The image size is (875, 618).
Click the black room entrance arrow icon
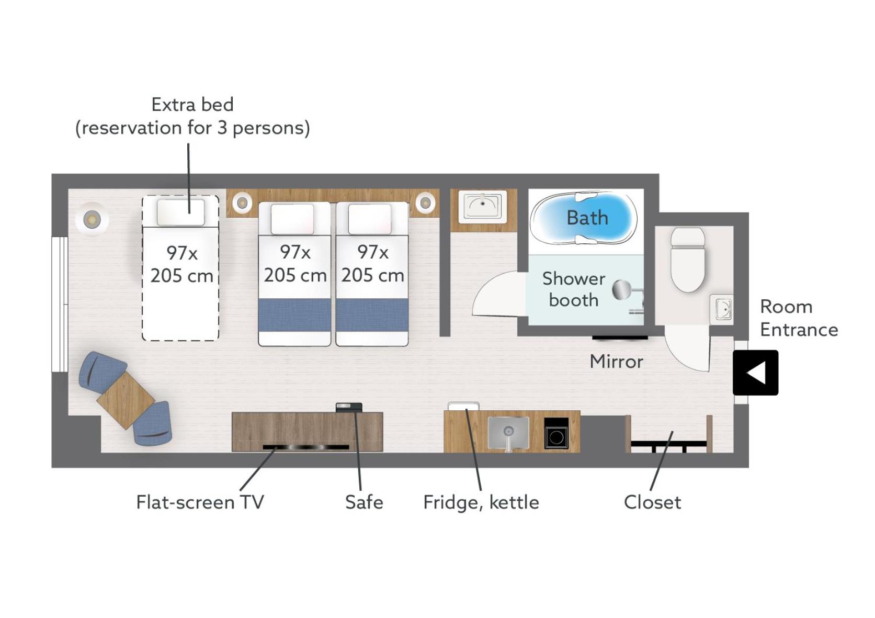[755, 373]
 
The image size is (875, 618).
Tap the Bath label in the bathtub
[587, 218]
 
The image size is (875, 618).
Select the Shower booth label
[574, 289]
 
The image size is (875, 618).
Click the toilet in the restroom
[688, 260]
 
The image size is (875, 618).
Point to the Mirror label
[617, 362]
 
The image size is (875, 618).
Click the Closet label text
[652, 502]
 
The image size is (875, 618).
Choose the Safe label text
[364, 502]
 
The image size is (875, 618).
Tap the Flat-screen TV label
[200, 502]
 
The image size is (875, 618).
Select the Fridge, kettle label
[481, 503]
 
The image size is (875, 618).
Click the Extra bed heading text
[192, 105]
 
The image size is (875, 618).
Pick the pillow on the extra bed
[181, 212]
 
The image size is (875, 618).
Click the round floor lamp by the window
[92, 219]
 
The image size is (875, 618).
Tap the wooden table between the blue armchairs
[126, 401]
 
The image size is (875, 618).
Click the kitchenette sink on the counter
[508, 433]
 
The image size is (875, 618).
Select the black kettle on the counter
[556, 433]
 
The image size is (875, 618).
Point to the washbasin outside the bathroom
[482, 206]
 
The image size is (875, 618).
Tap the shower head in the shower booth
[622, 290]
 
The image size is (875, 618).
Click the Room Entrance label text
[799, 318]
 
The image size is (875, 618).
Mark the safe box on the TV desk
[349, 408]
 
